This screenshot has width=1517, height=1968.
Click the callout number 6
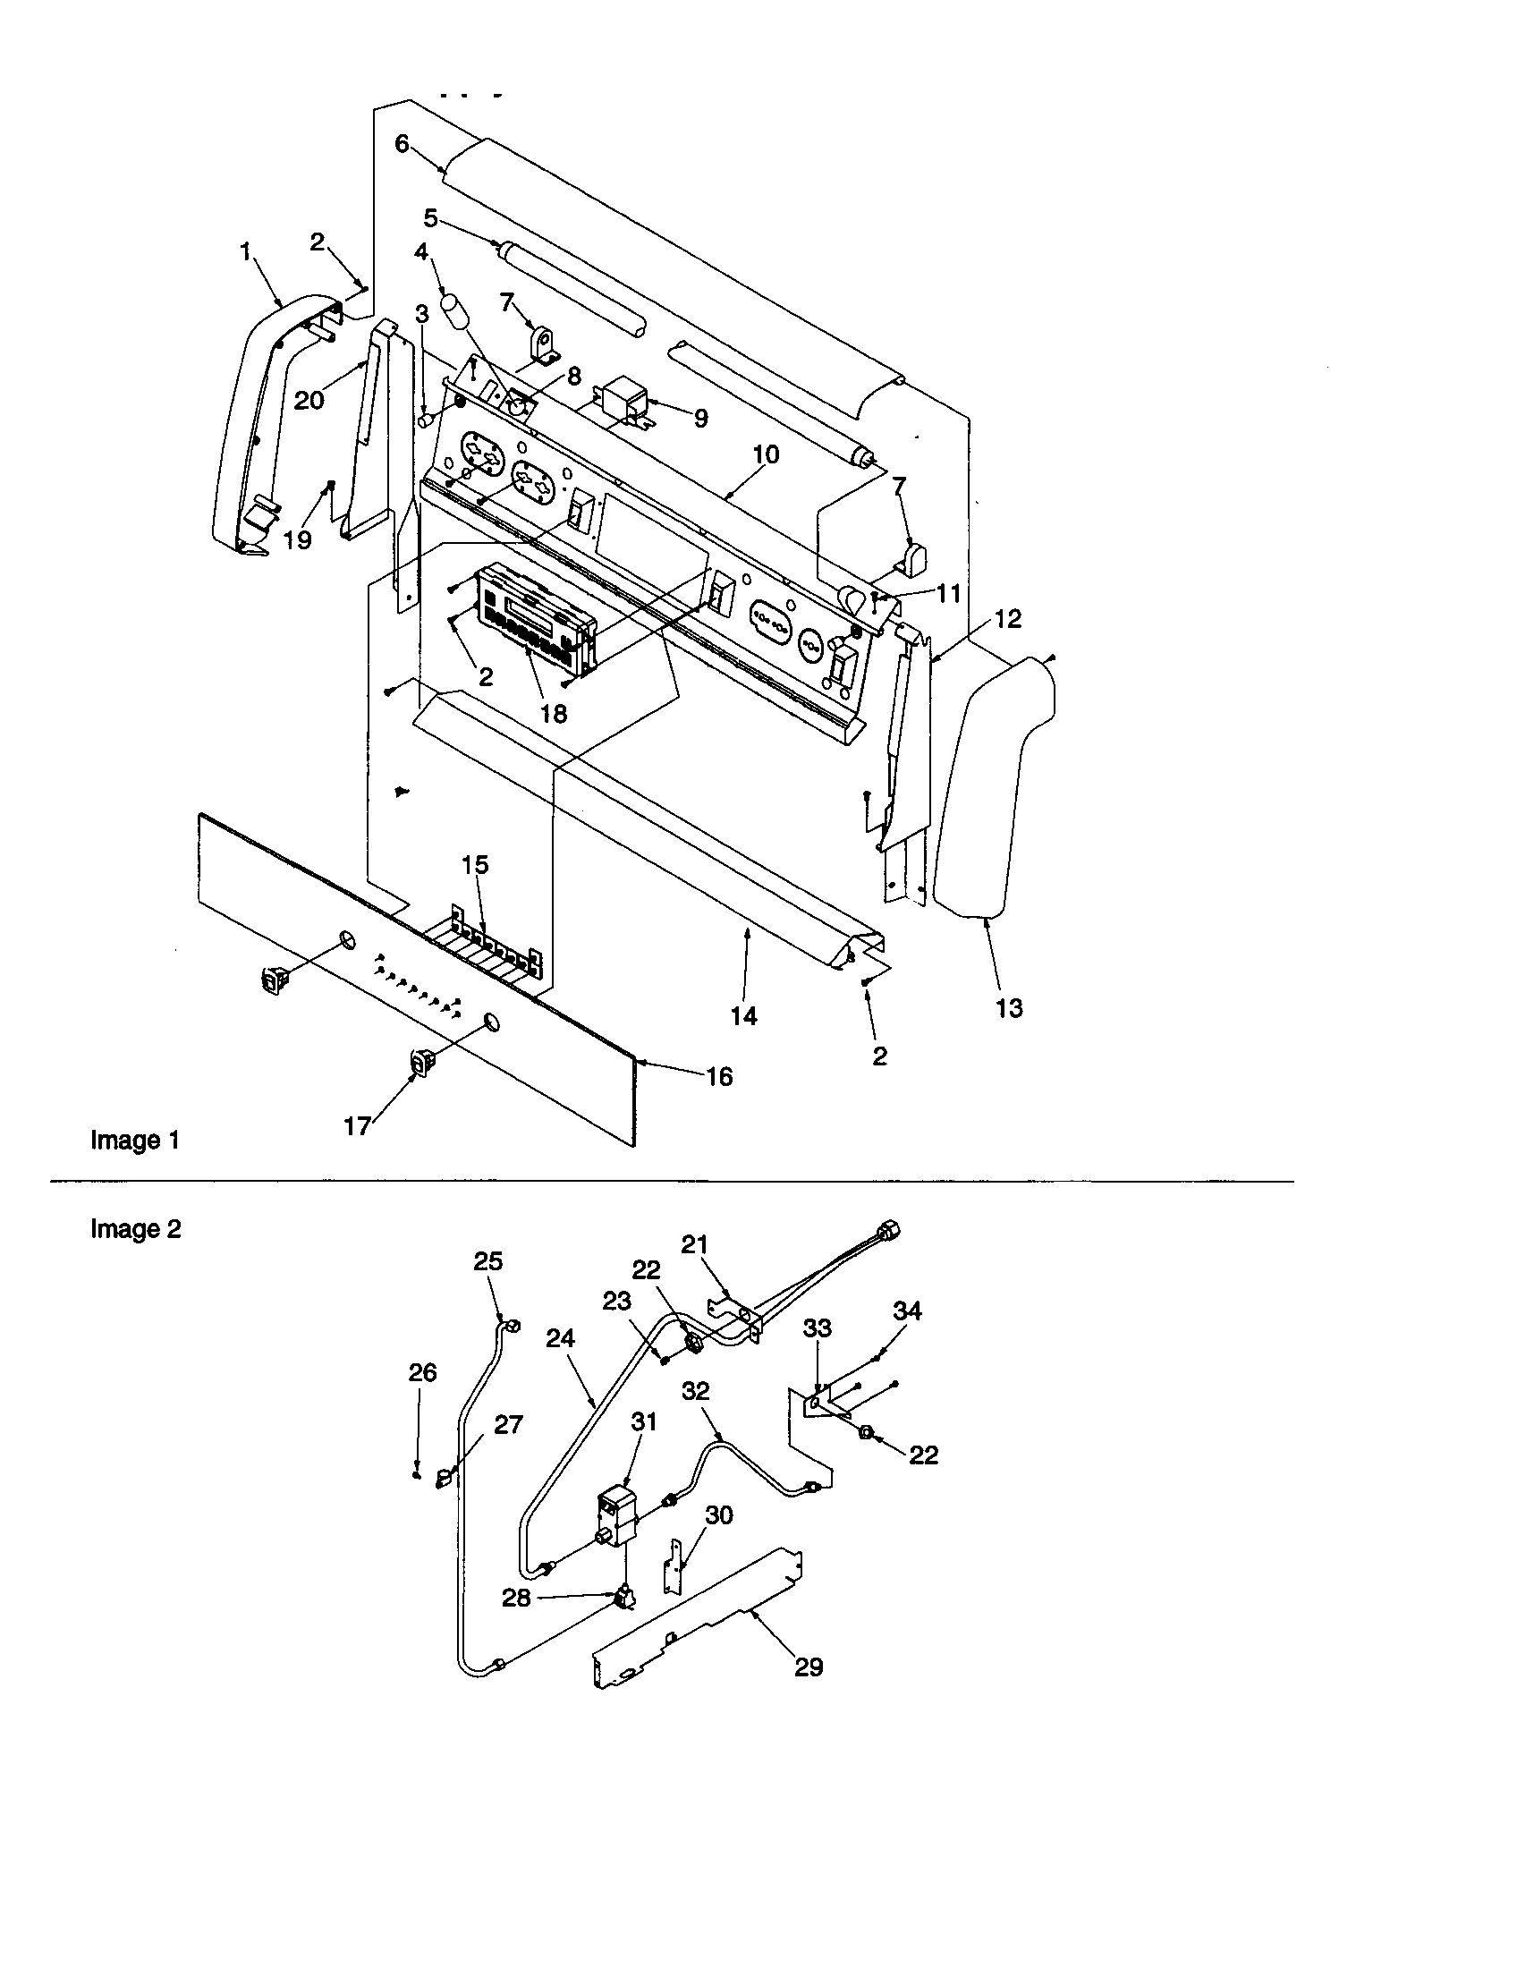coord(402,143)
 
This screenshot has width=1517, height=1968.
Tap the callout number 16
coord(719,1076)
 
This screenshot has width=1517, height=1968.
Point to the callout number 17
coord(358,1125)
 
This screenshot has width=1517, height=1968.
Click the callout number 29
coord(809,1667)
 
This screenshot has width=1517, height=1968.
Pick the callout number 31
coord(644,1421)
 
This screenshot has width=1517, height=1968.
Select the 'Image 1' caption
coord(135,1141)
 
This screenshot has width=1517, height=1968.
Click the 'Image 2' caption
coord(135,1229)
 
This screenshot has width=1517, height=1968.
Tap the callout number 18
coord(553,713)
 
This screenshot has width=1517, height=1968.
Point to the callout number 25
coord(488,1261)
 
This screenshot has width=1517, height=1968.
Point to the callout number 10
coord(766,454)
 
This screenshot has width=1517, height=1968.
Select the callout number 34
coord(907,1311)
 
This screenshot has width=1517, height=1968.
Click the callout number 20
coord(309,399)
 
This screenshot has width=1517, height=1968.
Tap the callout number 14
coord(743,1015)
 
